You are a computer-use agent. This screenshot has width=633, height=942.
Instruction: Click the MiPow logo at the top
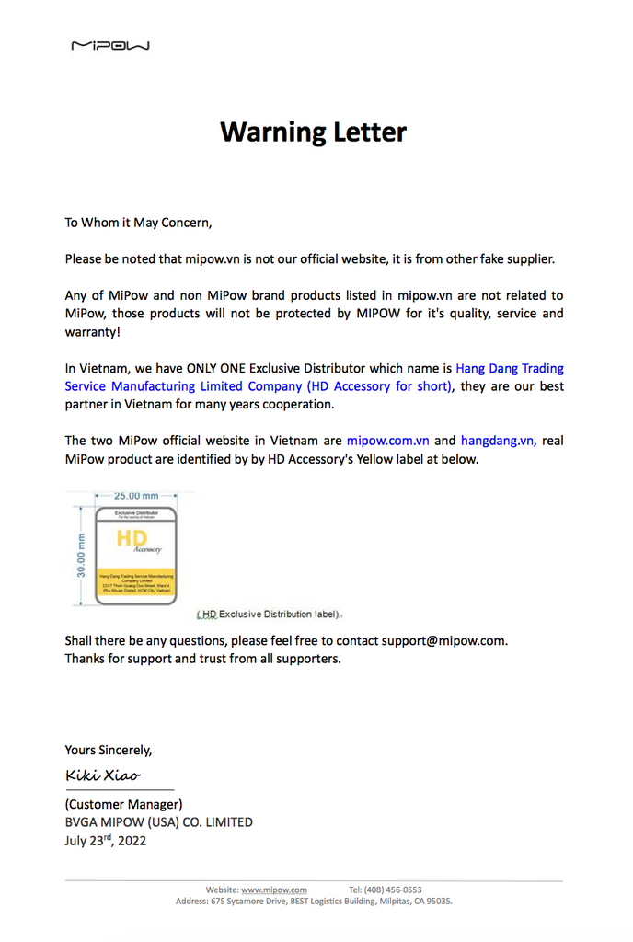[110, 45]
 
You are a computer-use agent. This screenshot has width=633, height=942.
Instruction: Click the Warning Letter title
[313, 132]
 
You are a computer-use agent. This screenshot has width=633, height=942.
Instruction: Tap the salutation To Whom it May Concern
[138, 222]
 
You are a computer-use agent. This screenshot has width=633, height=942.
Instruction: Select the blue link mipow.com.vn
[387, 441]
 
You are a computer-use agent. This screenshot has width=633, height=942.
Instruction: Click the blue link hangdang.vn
[499, 441]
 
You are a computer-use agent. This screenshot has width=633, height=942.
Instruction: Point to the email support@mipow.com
[444, 640]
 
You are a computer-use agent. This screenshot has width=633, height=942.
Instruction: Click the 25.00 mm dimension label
[135, 497]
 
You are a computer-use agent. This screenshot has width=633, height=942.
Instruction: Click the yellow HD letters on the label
[132, 539]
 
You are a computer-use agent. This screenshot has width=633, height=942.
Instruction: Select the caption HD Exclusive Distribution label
[270, 614]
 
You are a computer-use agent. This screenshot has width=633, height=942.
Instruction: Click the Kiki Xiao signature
[102, 775]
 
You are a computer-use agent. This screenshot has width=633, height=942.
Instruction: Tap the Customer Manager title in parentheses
[123, 804]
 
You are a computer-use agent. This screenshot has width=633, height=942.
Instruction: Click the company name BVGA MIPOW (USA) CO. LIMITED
[158, 822]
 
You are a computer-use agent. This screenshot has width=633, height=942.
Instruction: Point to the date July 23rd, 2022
[105, 840]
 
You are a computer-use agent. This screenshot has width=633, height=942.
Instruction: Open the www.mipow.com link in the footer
[273, 890]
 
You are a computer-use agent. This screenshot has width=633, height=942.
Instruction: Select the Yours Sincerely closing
[108, 750]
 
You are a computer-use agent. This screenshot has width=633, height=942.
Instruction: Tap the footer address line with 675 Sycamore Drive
[314, 902]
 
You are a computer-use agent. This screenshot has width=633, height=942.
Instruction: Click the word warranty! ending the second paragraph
[93, 331]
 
